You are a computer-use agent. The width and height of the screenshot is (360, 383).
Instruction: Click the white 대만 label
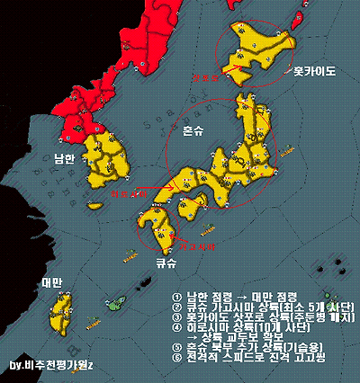pyautogui.click(x=51, y=282)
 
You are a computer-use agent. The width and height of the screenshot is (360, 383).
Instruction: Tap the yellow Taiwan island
pyautogui.click(x=61, y=315)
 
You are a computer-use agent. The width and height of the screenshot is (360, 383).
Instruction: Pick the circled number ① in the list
pyautogui.click(x=176, y=296)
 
